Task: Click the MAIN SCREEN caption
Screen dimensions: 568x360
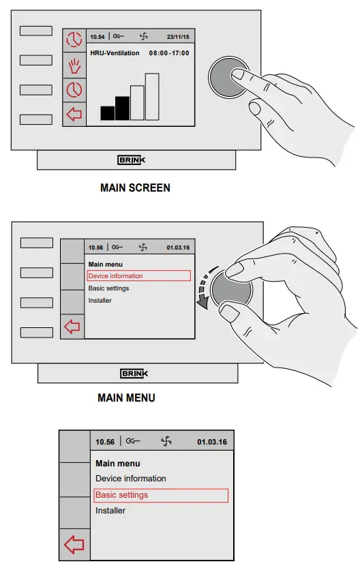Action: [x=135, y=188]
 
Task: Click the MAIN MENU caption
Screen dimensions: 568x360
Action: [x=126, y=398]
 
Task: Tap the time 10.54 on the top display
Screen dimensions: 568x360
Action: [x=97, y=36]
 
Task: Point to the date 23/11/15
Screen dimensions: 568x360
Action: [x=177, y=36]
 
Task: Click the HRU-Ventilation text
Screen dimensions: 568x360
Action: [x=115, y=53]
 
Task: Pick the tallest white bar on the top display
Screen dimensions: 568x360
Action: [x=152, y=96]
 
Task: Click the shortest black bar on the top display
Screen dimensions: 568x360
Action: [x=107, y=113]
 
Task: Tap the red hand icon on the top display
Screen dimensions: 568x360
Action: [x=74, y=65]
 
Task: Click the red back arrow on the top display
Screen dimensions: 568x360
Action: [x=74, y=114]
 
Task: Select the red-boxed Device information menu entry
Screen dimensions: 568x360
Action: [x=138, y=276]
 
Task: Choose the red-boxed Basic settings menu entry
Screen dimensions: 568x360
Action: [x=160, y=495]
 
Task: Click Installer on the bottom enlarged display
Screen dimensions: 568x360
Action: [x=110, y=511]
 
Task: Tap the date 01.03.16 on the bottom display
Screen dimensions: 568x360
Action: [x=212, y=442]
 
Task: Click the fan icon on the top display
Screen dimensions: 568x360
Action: [x=143, y=36]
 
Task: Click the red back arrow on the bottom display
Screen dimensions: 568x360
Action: [x=74, y=545]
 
